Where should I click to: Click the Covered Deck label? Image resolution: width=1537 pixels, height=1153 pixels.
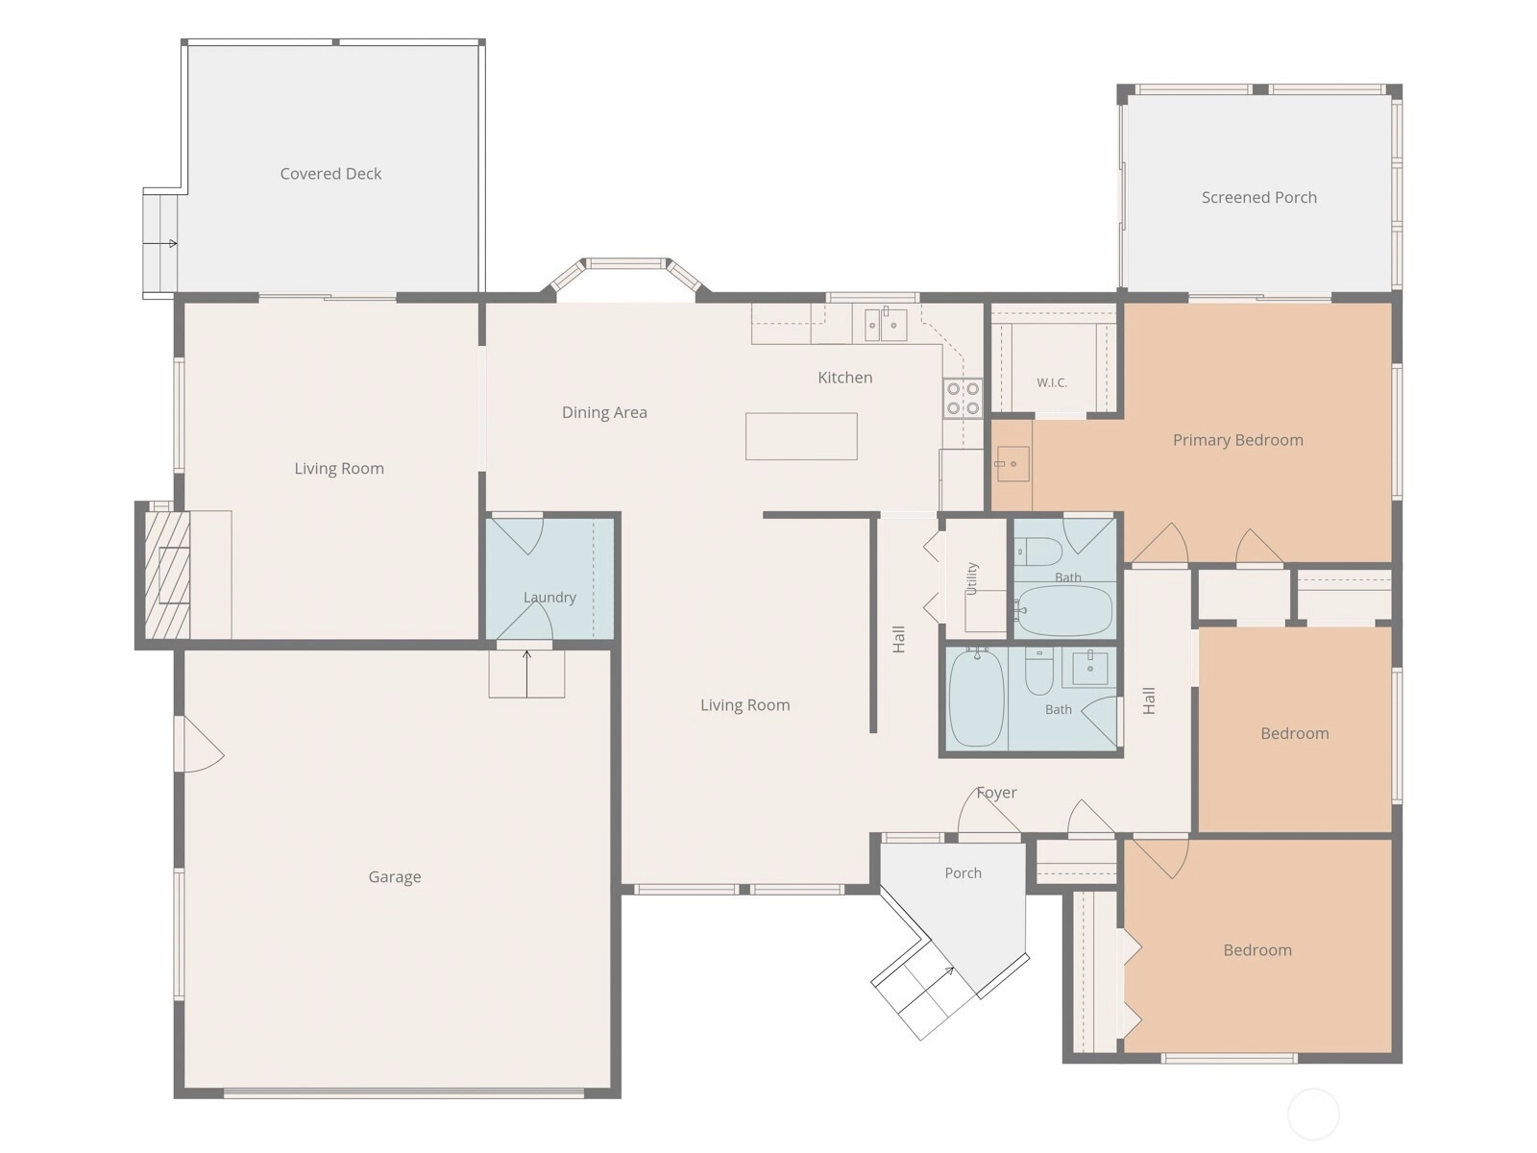coord(330,174)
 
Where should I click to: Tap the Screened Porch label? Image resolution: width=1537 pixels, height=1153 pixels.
coord(1258,197)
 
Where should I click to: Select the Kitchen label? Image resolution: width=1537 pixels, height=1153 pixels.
coord(844,378)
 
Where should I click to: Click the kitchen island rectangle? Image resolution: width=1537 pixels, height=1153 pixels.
coord(800,436)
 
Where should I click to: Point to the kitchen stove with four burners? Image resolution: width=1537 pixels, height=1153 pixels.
coord(963,398)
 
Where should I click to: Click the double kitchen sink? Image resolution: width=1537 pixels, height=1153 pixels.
coord(885,325)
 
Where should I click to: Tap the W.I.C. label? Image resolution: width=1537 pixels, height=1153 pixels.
coord(1051,383)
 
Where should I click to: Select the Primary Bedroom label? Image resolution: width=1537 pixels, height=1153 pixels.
coord(1237,440)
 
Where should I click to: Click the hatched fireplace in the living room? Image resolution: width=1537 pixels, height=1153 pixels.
coord(166,575)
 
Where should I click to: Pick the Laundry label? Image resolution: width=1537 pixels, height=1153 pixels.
coord(549,597)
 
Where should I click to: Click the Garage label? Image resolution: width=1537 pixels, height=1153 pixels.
coord(394,876)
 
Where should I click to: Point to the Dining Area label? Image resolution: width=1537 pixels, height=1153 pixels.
coord(604,412)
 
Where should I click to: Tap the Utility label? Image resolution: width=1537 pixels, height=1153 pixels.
coord(971,578)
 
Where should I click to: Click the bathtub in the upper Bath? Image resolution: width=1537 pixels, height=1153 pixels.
coord(1063,610)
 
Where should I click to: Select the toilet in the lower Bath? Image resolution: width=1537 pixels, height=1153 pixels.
coord(1038,671)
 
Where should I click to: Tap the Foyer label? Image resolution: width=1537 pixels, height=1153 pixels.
coord(996,793)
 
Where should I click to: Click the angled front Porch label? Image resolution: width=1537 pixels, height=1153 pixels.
coord(963,873)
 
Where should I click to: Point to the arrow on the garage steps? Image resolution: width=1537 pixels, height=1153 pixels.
coord(526,674)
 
